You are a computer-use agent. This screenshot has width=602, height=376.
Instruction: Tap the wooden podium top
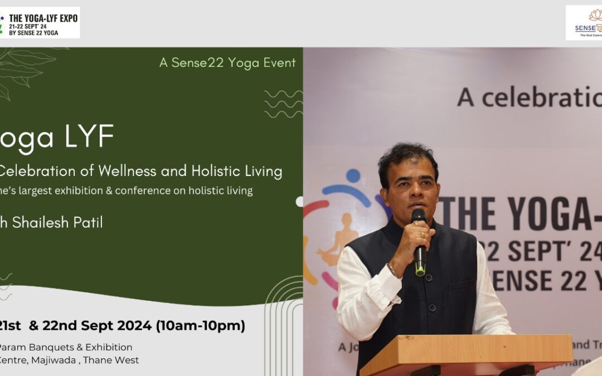pyautogui.click(x=466, y=348)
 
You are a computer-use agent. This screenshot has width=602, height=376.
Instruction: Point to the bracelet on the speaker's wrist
pyautogui.click(x=394, y=270)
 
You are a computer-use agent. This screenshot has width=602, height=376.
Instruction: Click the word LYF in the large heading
pyautogui.click(x=89, y=137)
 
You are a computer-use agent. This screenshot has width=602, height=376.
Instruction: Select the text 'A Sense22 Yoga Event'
pyautogui.click(x=227, y=63)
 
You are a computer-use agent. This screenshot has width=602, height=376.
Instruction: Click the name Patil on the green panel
pyautogui.click(x=84, y=222)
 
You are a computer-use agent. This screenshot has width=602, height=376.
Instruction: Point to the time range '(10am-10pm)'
pyautogui.click(x=200, y=326)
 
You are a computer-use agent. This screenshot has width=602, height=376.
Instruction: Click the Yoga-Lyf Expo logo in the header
pyautogui.click(x=40, y=23)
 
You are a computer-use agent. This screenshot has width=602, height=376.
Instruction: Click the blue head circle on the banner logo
pyautogui.click(x=352, y=176)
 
